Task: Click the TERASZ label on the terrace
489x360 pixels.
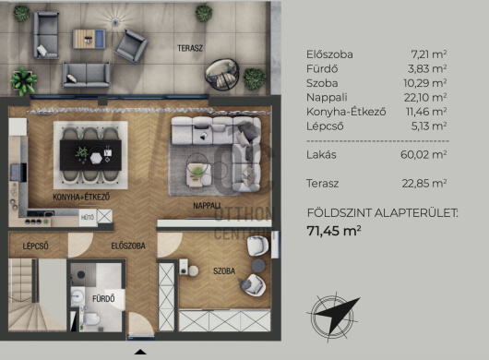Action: [x=190, y=48]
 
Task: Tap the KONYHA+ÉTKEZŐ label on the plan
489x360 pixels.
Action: [x=81, y=198]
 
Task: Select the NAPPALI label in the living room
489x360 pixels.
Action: [x=207, y=206]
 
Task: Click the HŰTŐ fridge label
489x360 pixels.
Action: [x=88, y=217]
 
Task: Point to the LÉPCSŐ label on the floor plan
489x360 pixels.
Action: [x=36, y=246]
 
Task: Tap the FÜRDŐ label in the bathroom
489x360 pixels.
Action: [x=103, y=299]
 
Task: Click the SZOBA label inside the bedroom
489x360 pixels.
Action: [x=224, y=271]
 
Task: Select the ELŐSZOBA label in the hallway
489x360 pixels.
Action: [x=128, y=246]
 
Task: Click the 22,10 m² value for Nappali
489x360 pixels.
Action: [x=425, y=98]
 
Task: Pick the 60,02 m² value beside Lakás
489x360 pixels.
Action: [x=423, y=154]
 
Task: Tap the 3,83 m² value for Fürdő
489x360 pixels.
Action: [x=427, y=68]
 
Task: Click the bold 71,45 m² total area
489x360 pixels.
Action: [x=334, y=231]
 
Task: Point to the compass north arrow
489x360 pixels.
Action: [x=339, y=314]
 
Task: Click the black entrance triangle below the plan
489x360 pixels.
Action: [x=140, y=353]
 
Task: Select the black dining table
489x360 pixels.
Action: [x=90, y=155]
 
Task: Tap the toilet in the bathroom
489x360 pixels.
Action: [x=91, y=319]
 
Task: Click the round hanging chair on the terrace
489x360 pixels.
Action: [x=222, y=75]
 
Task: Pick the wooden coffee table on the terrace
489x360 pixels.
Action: [x=89, y=39]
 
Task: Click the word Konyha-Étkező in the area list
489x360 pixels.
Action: [x=346, y=112]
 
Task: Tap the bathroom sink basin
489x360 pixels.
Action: [x=78, y=295]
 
